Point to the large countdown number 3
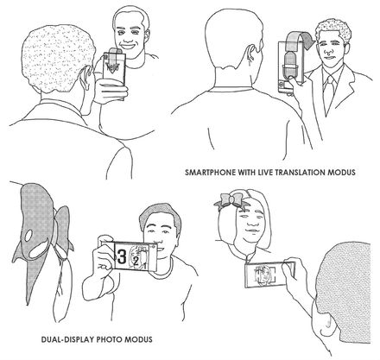[122, 256]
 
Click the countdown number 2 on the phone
[136, 262]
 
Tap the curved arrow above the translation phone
[301, 39]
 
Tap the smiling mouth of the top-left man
[129, 46]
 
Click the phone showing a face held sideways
[269, 274]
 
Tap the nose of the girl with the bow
[252, 223]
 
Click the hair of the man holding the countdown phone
[160, 214]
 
